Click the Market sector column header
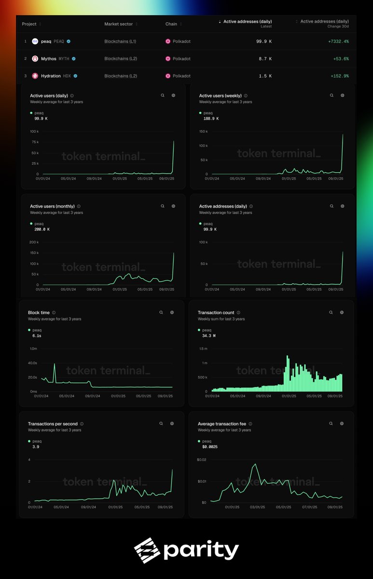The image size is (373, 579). point(121,24)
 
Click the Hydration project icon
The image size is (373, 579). point(35,76)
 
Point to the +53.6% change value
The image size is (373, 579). point(341,58)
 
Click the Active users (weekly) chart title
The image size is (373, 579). point(221,96)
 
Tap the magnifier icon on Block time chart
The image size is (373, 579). point(161,313)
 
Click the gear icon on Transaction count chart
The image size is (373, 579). point(342,313)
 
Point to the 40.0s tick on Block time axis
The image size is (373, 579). point(33,363)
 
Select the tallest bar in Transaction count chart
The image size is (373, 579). point(288,357)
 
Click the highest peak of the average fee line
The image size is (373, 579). point(255,464)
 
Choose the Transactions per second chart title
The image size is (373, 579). point(53,424)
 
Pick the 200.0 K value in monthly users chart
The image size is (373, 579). point(42,229)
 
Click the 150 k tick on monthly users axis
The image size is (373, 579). point(34,253)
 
